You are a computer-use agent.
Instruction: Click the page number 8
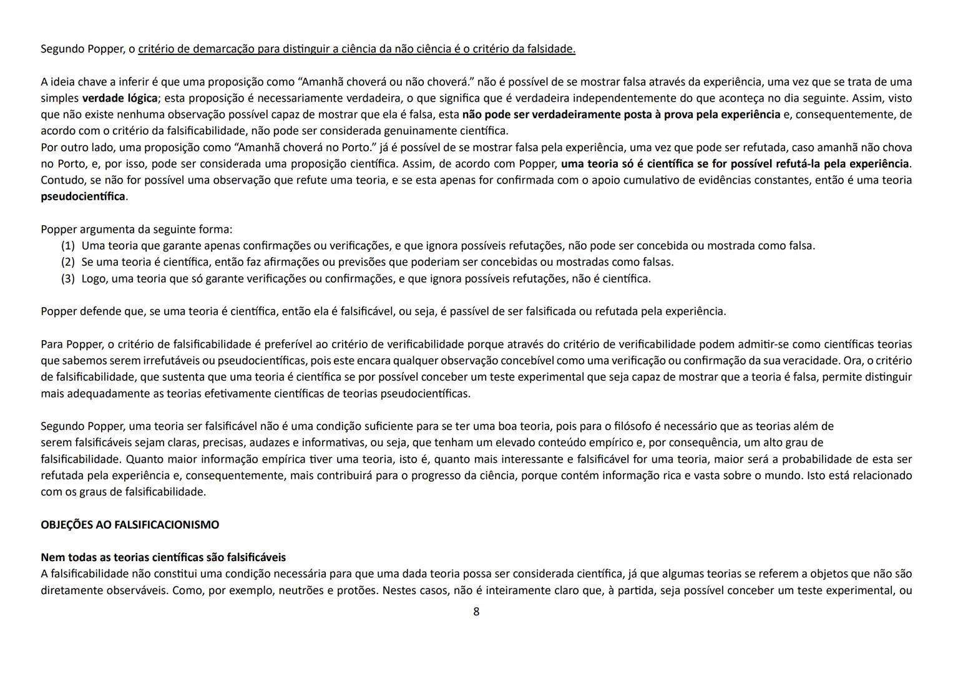tap(476, 612)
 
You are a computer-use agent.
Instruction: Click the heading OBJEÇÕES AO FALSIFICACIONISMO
tap(130, 525)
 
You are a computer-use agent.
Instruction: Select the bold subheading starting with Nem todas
tap(163, 557)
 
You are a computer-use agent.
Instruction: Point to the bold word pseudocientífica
tap(83, 197)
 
